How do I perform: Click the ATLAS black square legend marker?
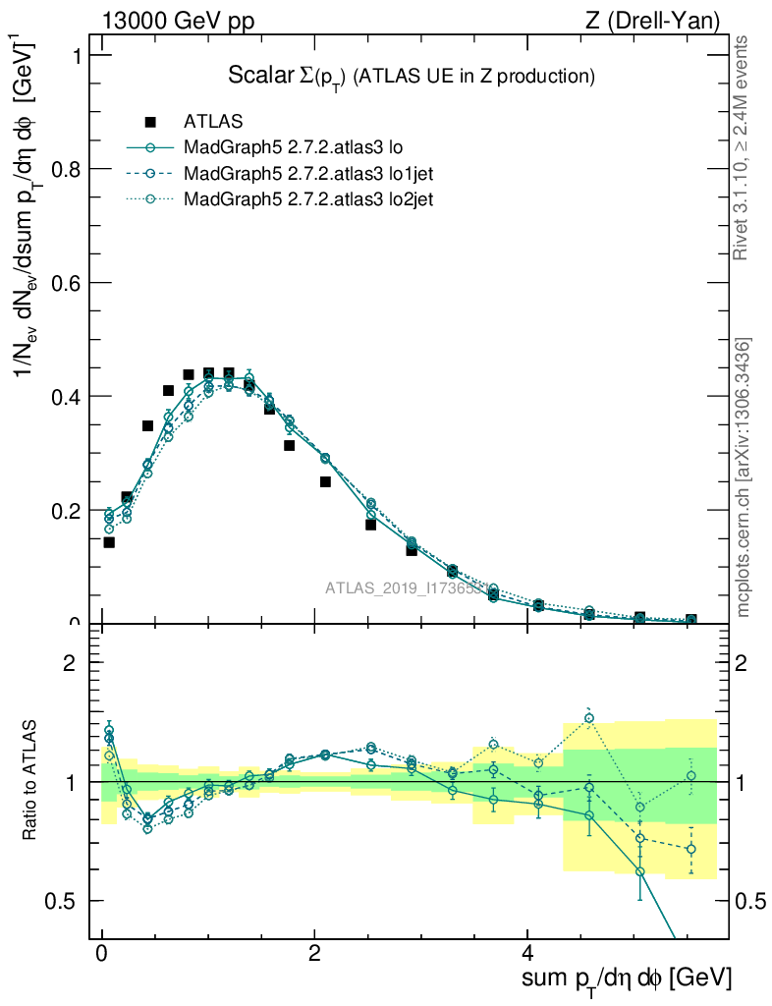[x=150, y=122]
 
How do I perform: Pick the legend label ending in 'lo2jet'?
[x=309, y=198]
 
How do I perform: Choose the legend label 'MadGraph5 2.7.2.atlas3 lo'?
[x=294, y=147]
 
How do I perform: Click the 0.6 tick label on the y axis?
[x=64, y=283]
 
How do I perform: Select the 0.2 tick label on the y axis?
[x=64, y=511]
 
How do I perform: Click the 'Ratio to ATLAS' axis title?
[x=30, y=782]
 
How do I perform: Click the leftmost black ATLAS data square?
[x=109, y=542]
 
